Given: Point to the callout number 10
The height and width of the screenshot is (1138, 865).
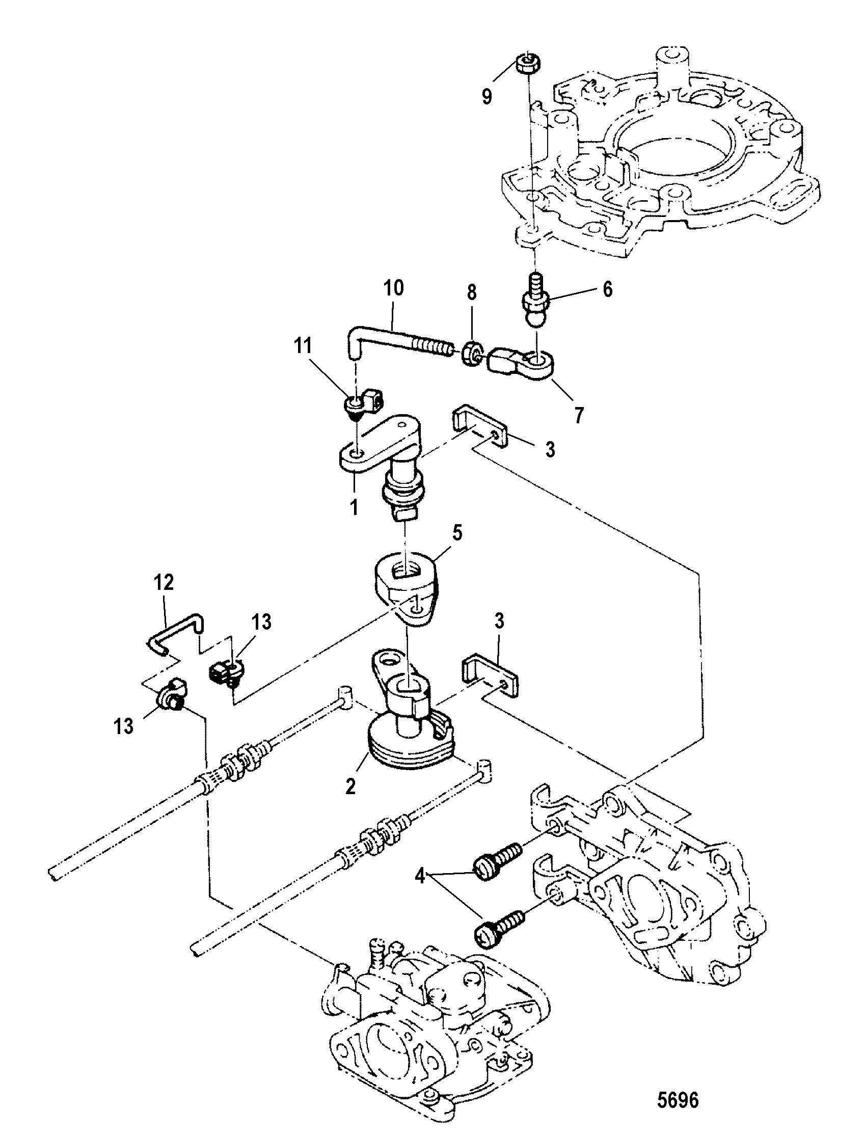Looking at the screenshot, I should coord(393,288).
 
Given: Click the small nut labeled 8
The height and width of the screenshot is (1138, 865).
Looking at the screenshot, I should coord(470,352).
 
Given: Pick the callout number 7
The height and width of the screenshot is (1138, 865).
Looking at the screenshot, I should coord(579,415).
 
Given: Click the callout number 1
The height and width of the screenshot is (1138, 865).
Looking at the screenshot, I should coord(354,508).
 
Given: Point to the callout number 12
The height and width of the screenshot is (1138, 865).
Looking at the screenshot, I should coord(163,583).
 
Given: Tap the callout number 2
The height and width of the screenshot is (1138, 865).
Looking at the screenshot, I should coord(350,787).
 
